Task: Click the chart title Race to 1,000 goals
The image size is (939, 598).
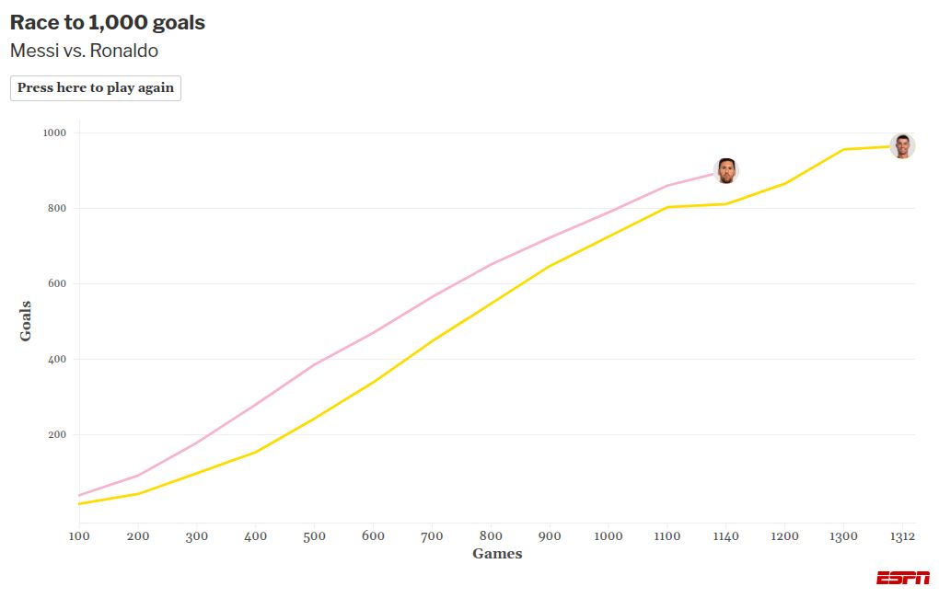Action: pos(108,23)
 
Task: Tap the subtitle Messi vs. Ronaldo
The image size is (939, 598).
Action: pos(84,51)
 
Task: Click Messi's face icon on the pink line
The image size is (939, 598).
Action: pos(726,170)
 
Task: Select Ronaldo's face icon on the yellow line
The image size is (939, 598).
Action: pos(902,145)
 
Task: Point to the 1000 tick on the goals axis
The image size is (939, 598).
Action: pos(55,132)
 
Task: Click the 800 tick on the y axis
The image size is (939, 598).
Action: pos(58,208)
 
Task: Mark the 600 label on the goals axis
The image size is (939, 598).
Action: pos(58,283)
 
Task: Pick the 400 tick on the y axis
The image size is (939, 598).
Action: pos(58,359)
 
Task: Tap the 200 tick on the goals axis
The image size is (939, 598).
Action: pos(58,434)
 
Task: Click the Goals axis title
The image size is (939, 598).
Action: pos(26,321)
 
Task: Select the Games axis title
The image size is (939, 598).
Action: pos(497,554)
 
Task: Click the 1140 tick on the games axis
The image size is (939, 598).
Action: pos(726,535)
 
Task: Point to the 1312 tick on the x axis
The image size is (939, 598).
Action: pos(902,535)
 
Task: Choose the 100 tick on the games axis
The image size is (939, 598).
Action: pos(79,535)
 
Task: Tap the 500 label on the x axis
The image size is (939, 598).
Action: pos(315,535)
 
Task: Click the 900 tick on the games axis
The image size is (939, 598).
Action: pos(550,535)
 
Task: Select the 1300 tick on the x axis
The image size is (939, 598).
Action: pos(843,535)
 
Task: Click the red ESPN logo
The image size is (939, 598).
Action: pos(902,578)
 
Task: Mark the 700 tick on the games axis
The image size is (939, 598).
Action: pos(432,535)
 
